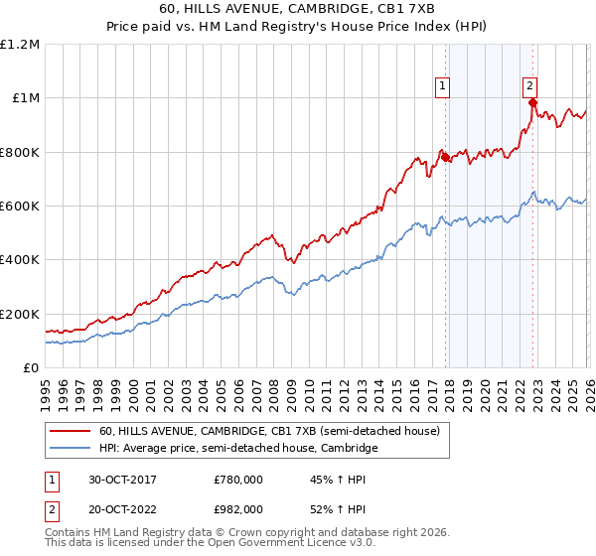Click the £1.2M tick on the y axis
[20, 45]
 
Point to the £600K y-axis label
[20, 207]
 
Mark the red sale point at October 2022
[533, 102]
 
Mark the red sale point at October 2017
[445, 157]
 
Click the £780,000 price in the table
[238, 480]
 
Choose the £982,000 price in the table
[238, 508]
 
